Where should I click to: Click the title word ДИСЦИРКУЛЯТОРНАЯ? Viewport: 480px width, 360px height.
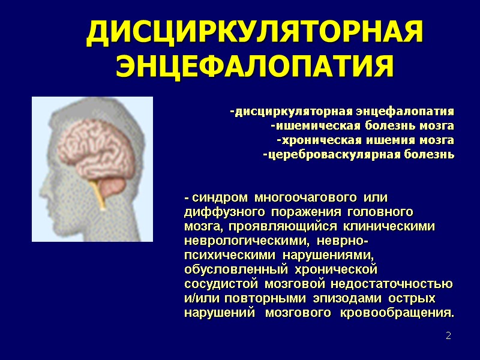254,34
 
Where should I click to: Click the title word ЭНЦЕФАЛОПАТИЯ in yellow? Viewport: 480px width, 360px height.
254,65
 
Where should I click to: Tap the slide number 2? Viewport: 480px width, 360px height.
448,335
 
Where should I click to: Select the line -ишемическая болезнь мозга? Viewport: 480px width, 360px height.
362,126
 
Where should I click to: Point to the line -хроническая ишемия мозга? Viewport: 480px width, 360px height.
365,140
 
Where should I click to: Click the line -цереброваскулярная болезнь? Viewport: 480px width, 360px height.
358,155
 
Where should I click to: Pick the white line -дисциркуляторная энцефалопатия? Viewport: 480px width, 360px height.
341,112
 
